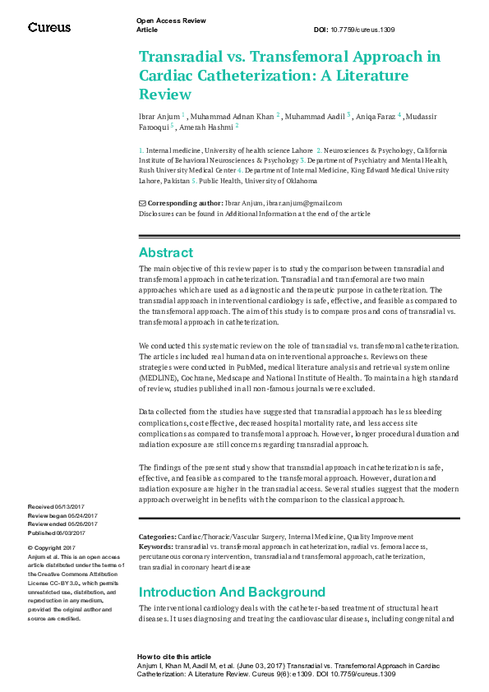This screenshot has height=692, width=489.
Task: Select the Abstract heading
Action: [x=166, y=252]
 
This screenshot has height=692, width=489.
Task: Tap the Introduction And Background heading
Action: [x=232, y=592]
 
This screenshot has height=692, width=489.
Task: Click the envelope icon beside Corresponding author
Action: [x=142, y=203]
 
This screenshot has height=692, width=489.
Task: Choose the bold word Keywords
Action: [x=156, y=546]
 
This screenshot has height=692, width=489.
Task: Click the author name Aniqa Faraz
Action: [x=375, y=117]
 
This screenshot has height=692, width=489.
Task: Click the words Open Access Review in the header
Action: [x=171, y=20]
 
